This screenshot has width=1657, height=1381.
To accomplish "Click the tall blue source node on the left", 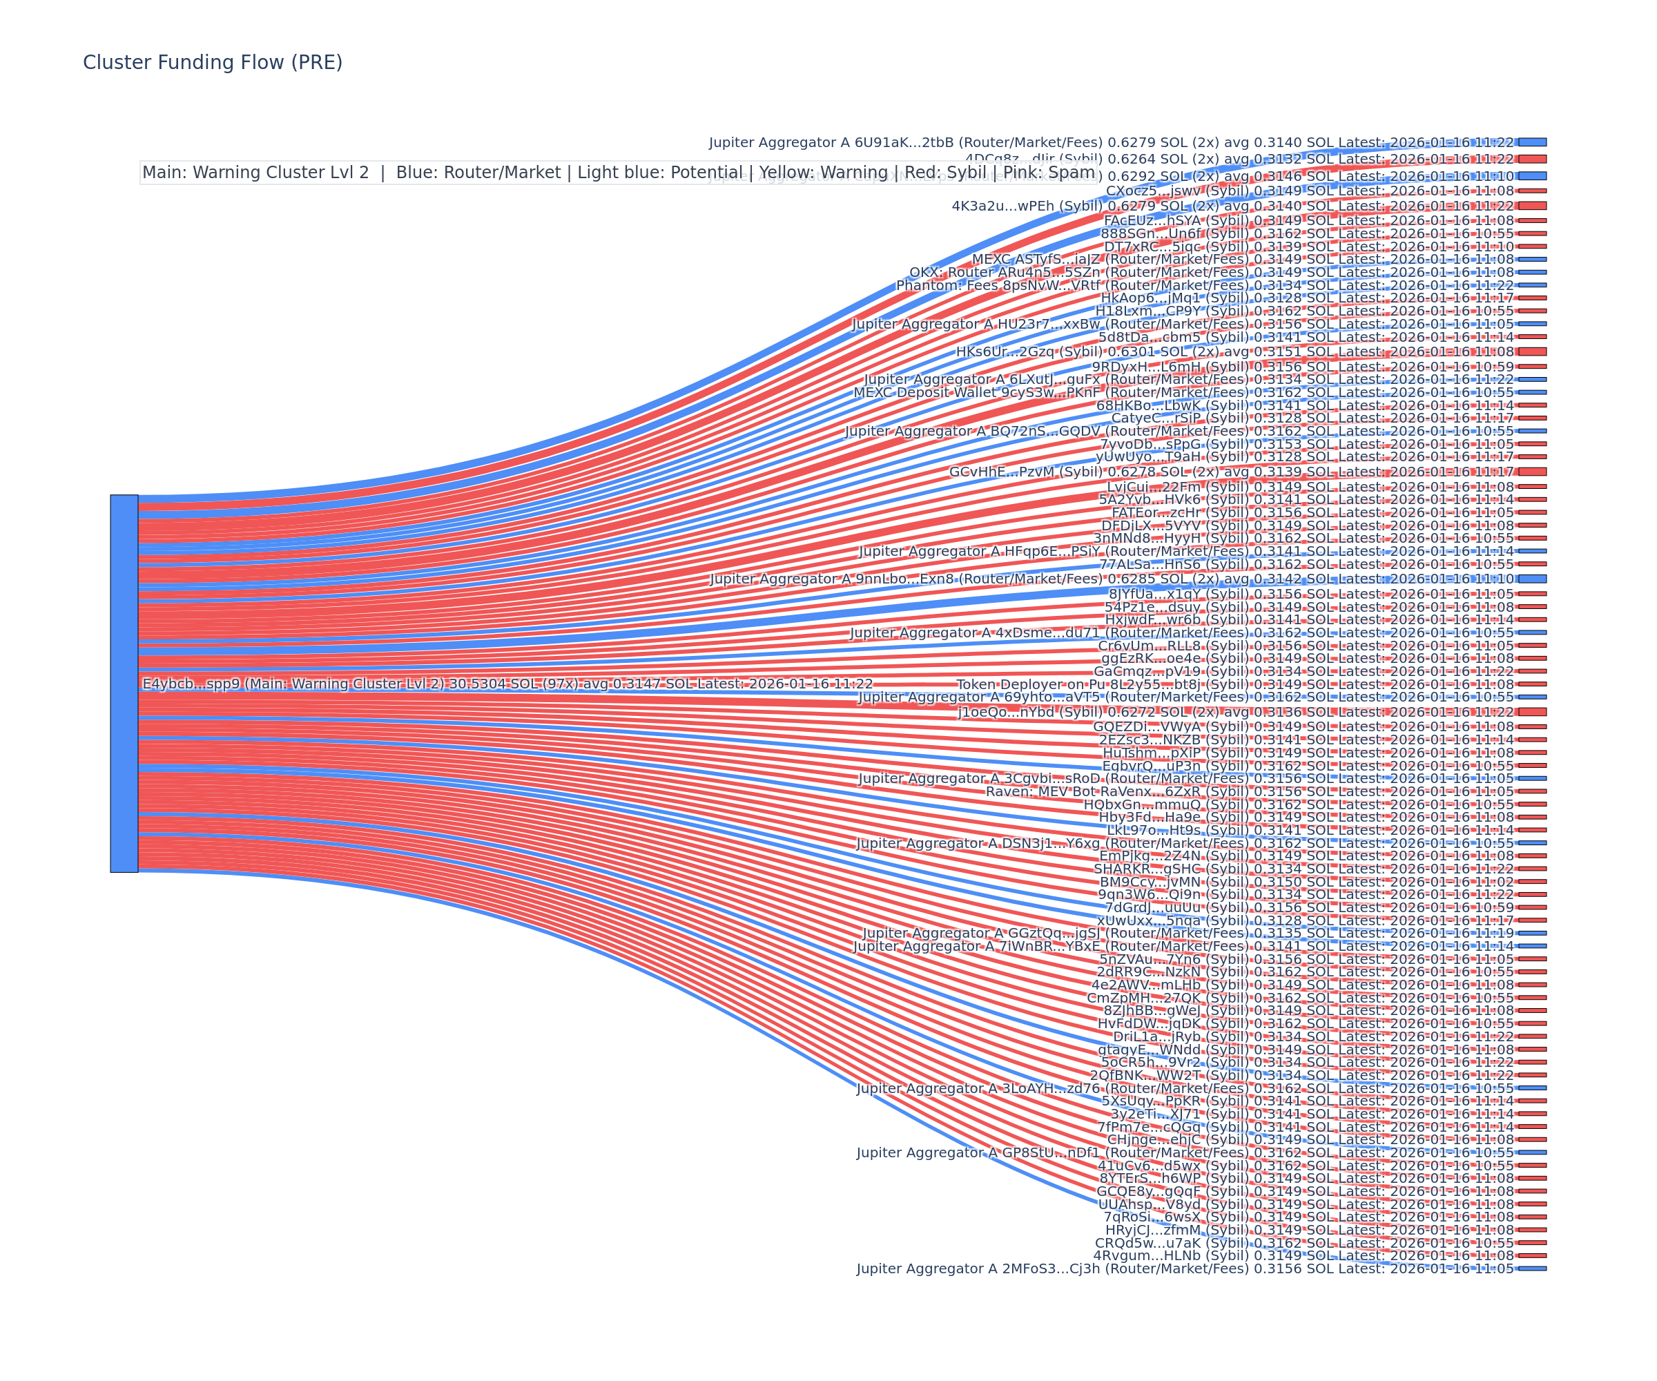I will point(124,684).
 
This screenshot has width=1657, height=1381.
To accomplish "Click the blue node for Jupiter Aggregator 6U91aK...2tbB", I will point(1532,143).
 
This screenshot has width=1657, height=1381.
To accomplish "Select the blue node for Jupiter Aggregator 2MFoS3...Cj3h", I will point(1532,1269).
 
